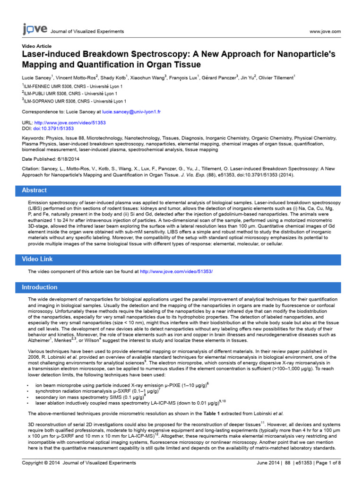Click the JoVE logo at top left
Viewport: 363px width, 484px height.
coord(35,30)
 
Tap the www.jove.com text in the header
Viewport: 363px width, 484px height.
coord(325,31)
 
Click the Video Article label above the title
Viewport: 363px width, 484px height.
coord(37,46)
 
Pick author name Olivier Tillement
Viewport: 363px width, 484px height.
coord(277,77)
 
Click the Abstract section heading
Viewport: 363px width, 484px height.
coord(35,190)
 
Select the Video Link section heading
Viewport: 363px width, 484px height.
coord(37,259)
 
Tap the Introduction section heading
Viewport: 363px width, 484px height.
coord(40,287)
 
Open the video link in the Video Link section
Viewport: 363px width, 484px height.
coord(176,272)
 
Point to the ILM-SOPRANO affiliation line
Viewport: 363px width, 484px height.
coord(75,101)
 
